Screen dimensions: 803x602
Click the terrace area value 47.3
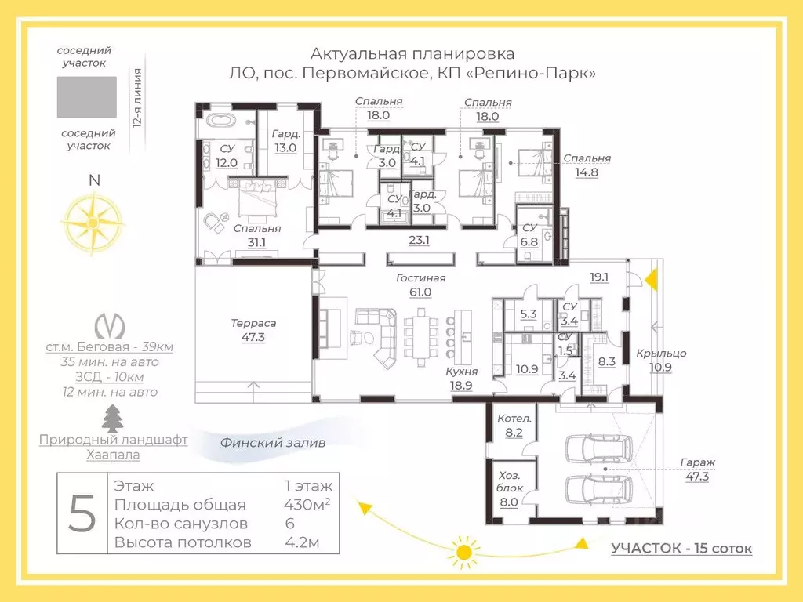[x=253, y=337]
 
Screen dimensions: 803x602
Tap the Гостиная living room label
[x=421, y=278]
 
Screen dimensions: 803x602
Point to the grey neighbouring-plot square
[x=86, y=97]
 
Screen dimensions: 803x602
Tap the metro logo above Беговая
[x=110, y=325]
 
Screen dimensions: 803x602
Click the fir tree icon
[x=113, y=419]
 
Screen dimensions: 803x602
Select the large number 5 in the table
[x=82, y=513]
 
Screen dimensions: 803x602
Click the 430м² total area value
[x=307, y=504]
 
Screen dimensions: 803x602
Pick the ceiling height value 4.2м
[x=302, y=542]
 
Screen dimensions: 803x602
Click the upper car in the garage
[x=598, y=449]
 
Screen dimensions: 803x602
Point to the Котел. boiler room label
[x=514, y=419]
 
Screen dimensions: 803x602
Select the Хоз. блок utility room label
[x=510, y=482]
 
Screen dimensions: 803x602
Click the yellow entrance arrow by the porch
[x=652, y=281]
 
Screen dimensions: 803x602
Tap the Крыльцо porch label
[x=661, y=354]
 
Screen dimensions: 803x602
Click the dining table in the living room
[x=421, y=338]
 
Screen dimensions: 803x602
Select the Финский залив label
[x=272, y=443]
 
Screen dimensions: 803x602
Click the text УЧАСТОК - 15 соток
[x=681, y=548]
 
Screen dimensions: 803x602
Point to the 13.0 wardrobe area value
[x=285, y=148]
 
